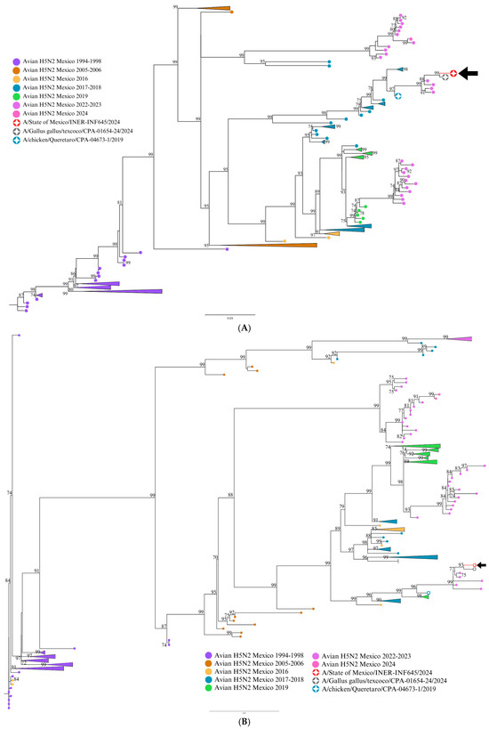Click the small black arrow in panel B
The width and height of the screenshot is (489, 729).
(x=481, y=565)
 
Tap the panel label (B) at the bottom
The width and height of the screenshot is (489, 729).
(x=244, y=722)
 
